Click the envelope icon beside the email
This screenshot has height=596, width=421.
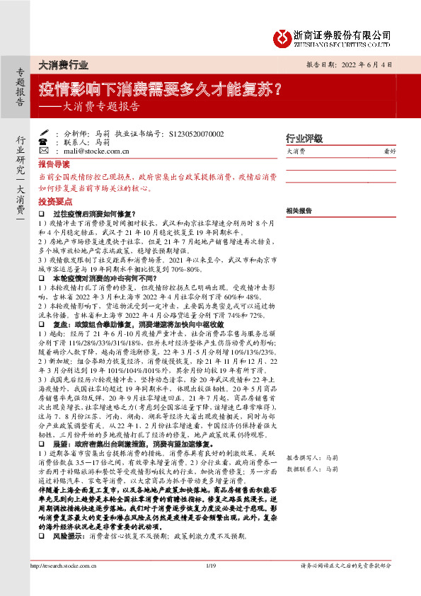43,151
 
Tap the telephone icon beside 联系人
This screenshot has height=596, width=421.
43,142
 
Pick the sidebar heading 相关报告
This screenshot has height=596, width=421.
299,211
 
